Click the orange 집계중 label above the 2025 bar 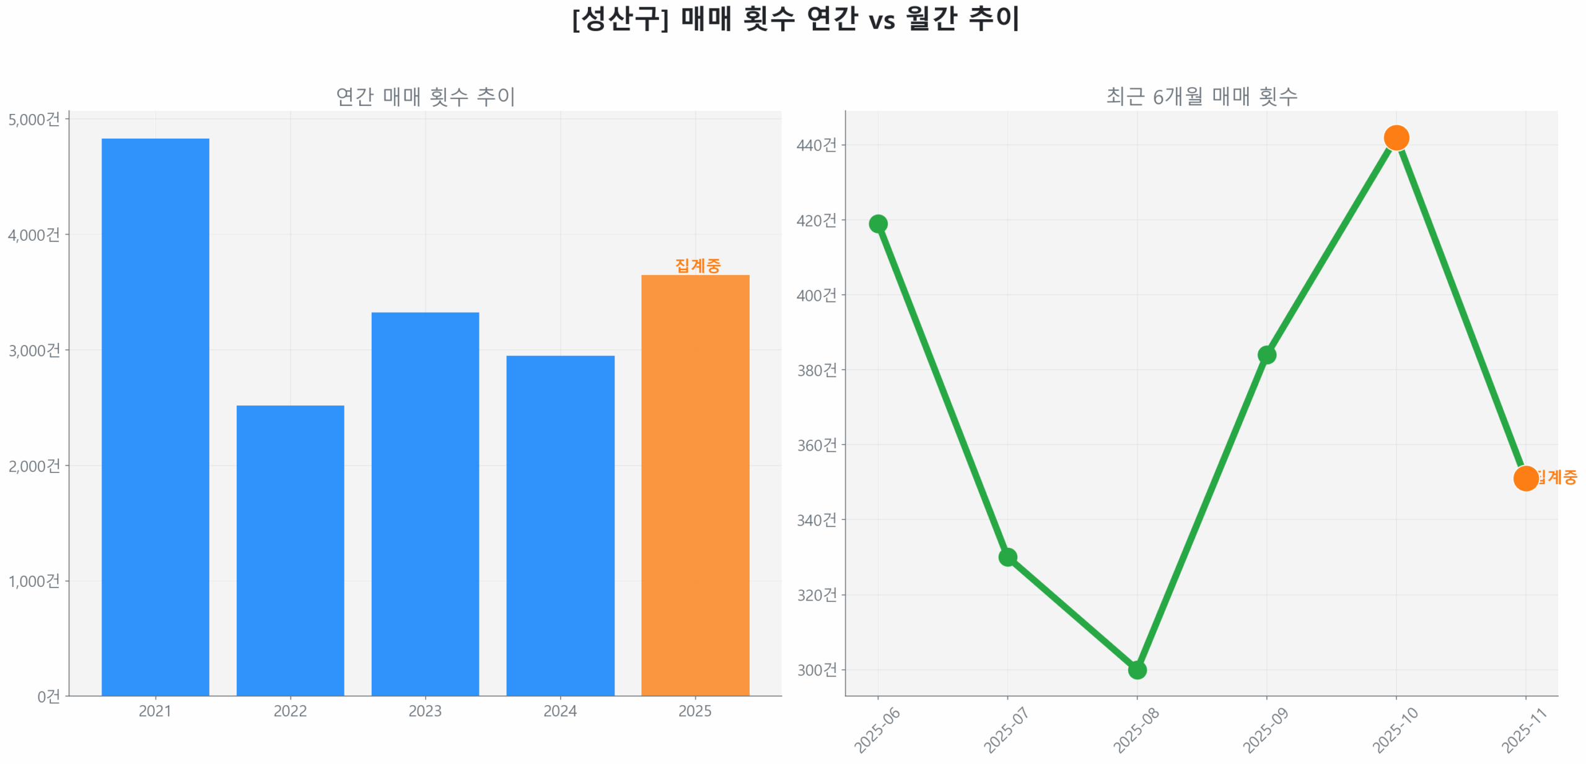point(698,266)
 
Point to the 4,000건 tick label point(34,235)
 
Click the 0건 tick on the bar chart point(48,697)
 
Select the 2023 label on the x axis point(425,711)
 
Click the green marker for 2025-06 point(878,224)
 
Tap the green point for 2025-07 point(1007,557)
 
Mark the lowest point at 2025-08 point(1137,669)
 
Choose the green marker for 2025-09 point(1266,355)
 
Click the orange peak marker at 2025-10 point(1396,137)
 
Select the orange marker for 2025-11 point(1525,478)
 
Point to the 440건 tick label point(816,145)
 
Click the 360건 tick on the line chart point(816,445)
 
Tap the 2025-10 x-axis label point(1395,730)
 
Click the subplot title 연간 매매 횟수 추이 point(425,97)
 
